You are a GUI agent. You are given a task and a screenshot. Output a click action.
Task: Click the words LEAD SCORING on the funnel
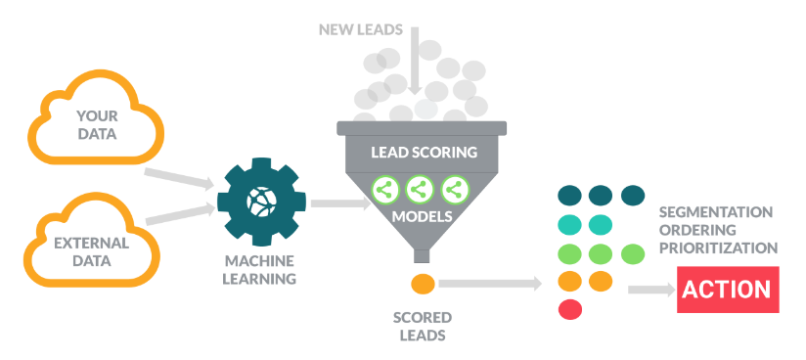(x=423, y=154)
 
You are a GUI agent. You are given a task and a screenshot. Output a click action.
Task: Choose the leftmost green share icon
(x=383, y=188)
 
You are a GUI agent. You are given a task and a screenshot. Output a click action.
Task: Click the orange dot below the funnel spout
(x=423, y=285)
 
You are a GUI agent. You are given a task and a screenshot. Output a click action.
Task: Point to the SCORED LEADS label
(x=423, y=327)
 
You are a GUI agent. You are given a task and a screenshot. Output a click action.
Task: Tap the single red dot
(x=570, y=310)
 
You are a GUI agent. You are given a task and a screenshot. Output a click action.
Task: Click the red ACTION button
(x=728, y=290)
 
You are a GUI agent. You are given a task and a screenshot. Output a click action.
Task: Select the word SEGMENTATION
(x=715, y=212)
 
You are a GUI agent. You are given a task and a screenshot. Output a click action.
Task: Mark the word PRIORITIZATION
(x=718, y=248)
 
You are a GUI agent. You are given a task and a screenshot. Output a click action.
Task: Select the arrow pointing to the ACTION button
(x=649, y=290)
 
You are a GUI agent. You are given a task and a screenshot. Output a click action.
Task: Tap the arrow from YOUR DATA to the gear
(x=181, y=179)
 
